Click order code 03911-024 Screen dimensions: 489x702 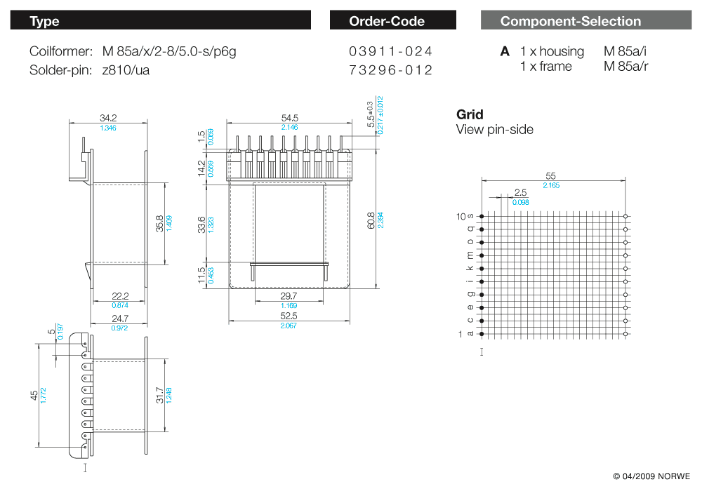click(x=390, y=51)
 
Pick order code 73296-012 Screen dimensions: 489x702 click(x=390, y=69)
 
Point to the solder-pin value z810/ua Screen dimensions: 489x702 click(x=126, y=69)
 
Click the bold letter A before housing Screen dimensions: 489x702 click(x=505, y=51)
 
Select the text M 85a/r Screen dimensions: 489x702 click(x=625, y=67)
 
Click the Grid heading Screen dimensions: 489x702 click(x=470, y=114)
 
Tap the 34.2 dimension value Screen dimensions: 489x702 click(x=108, y=118)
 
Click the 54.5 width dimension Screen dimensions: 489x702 click(x=289, y=118)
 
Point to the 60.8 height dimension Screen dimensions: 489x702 click(x=371, y=222)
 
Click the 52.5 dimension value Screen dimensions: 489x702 click(x=289, y=316)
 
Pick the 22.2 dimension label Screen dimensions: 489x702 click(x=121, y=297)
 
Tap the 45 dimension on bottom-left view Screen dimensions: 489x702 click(x=34, y=396)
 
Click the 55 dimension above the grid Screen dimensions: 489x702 click(x=551, y=175)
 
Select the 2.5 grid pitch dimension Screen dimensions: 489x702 click(x=520, y=192)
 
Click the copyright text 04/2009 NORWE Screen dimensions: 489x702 click(x=651, y=476)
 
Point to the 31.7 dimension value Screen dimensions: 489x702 click(x=159, y=396)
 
